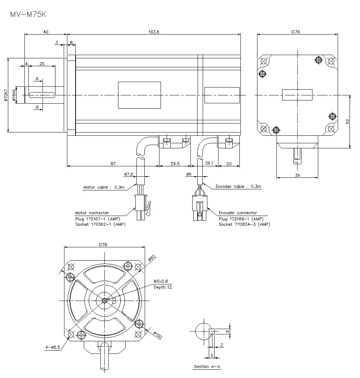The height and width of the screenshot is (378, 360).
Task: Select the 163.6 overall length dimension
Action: click(153, 32)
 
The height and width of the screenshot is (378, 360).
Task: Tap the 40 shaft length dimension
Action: click(45, 32)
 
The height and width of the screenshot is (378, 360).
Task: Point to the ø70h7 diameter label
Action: click(5, 95)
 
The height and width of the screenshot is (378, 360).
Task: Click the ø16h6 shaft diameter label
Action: click(14, 95)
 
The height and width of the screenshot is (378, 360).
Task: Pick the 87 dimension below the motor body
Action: click(113, 163)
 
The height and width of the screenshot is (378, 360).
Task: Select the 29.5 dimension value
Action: click(175, 163)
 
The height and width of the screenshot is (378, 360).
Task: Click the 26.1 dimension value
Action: click(209, 163)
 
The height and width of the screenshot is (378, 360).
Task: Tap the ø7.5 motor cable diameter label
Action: click(129, 174)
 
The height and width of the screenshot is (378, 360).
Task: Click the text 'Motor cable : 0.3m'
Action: click(104, 187)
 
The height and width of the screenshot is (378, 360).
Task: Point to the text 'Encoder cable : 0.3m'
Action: click(238, 186)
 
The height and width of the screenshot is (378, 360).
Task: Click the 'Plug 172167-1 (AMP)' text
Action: click(97, 219)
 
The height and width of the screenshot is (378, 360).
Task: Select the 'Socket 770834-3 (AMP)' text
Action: click(244, 224)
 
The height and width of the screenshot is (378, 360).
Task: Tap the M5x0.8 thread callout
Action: click(161, 281)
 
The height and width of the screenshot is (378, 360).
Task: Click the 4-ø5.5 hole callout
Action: click(52, 347)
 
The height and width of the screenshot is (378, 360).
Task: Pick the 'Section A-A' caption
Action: click(207, 366)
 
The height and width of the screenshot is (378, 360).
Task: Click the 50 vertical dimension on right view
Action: click(347, 122)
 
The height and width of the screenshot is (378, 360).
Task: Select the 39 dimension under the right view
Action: click(297, 175)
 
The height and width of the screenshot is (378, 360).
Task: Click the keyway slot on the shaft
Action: click(42, 95)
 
